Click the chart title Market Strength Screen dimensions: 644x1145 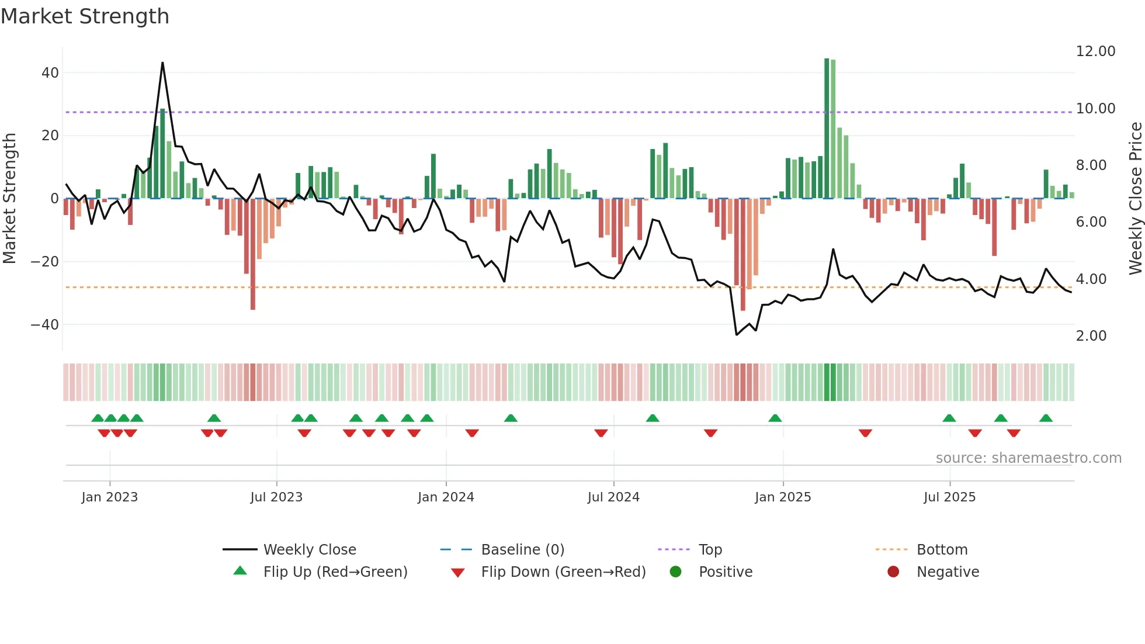pyautogui.click(x=85, y=16)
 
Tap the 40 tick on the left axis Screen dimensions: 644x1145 pyautogui.click(x=50, y=73)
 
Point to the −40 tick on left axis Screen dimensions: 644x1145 pyautogui.click(x=45, y=324)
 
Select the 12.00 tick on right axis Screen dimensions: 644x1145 pyautogui.click(x=1095, y=51)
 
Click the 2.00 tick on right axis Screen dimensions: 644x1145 pyautogui.click(x=1091, y=336)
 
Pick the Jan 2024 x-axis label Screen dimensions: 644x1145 pyautogui.click(x=446, y=497)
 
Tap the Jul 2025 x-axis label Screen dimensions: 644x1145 pyautogui.click(x=949, y=497)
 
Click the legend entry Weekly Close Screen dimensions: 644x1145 pyautogui.click(x=309, y=550)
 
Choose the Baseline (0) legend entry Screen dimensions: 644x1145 pyautogui.click(x=522, y=550)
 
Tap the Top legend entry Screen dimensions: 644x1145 pyautogui.click(x=710, y=550)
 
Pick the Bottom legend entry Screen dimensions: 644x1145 pyautogui.click(x=942, y=550)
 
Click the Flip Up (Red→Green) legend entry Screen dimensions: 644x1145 pyautogui.click(x=335, y=572)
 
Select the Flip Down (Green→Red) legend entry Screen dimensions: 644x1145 pyautogui.click(x=563, y=572)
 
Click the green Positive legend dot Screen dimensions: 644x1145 pyautogui.click(x=675, y=572)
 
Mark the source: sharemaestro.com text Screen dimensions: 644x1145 pyautogui.click(x=1028, y=458)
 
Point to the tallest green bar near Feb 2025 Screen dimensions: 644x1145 pyautogui.click(x=827, y=129)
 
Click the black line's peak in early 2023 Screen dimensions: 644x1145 pyautogui.click(x=162, y=63)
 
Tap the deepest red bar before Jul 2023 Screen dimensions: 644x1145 pyautogui.click(x=253, y=254)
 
